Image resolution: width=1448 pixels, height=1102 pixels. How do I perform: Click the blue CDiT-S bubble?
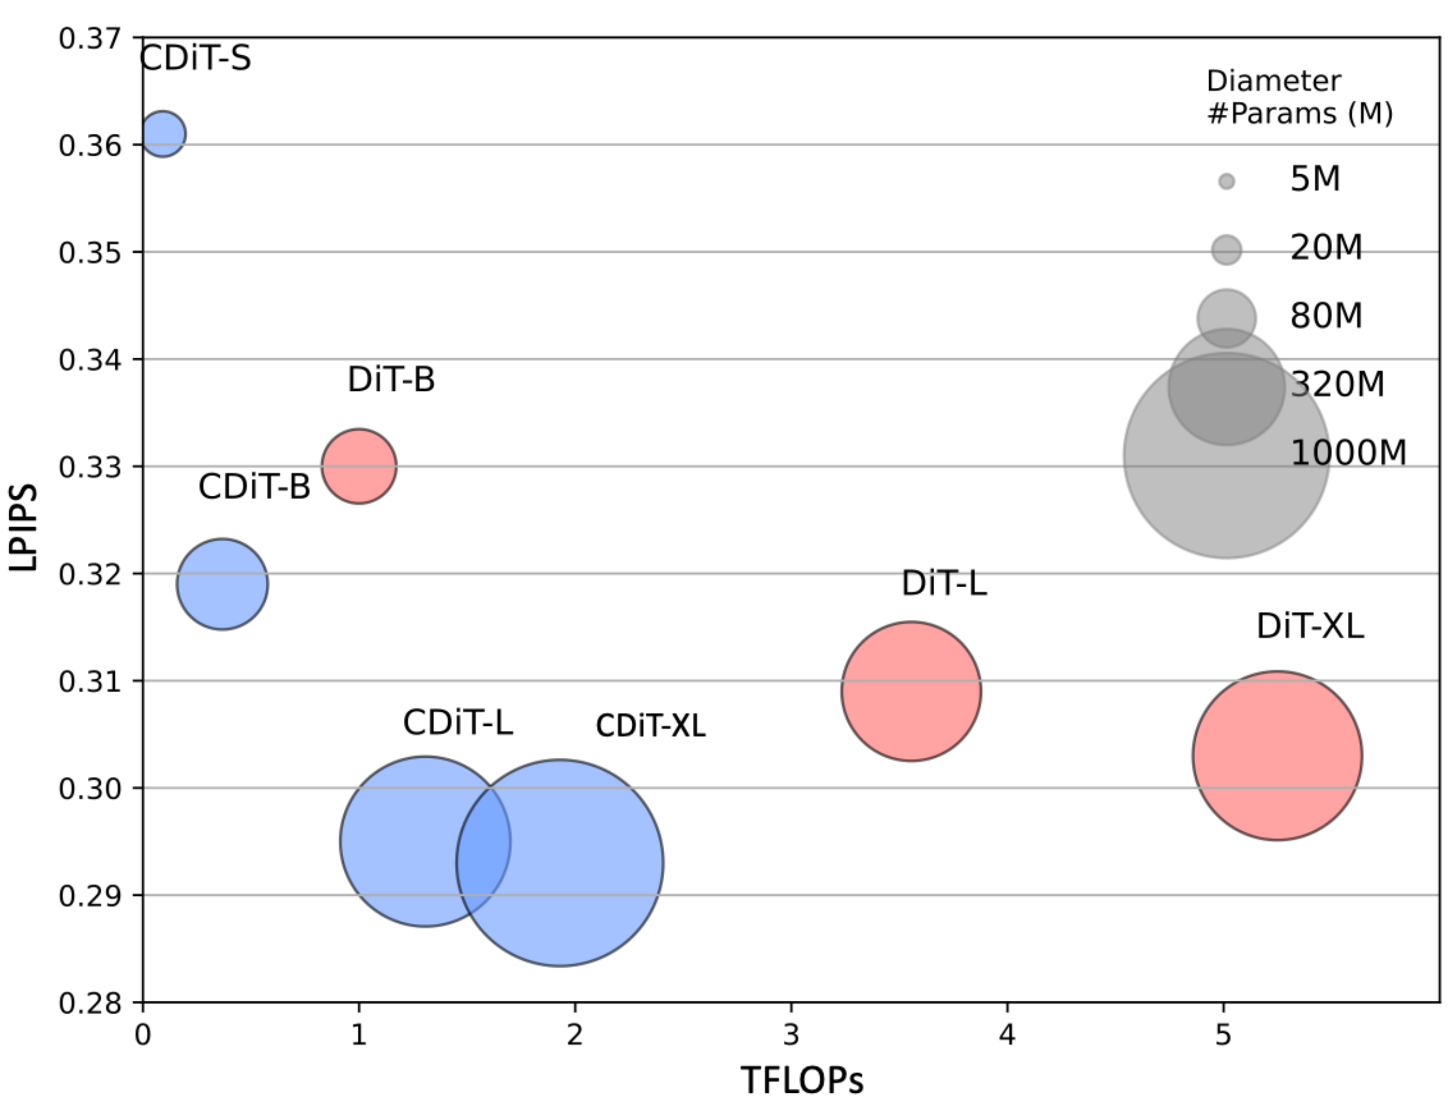click(163, 134)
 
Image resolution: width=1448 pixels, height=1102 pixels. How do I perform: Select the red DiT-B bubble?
click(359, 466)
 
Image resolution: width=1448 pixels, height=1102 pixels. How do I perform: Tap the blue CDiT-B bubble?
click(222, 584)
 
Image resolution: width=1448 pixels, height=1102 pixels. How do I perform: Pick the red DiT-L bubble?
click(912, 692)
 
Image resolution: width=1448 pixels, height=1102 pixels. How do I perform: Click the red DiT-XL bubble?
click(1277, 756)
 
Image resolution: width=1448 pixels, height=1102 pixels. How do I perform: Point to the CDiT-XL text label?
click(650, 726)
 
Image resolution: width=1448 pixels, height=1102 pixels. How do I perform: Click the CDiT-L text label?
click(457, 723)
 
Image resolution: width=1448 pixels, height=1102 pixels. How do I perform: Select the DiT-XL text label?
click(1309, 626)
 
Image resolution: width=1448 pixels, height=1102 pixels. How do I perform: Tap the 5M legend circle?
click(1226, 182)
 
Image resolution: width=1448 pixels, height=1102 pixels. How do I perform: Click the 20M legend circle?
click(1226, 250)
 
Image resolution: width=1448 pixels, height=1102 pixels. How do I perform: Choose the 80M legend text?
click(1326, 315)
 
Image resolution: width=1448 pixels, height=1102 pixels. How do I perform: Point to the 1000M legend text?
click(1347, 453)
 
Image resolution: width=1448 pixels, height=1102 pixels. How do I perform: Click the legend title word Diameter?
click(1274, 82)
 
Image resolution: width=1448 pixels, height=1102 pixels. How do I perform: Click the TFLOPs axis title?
click(802, 1080)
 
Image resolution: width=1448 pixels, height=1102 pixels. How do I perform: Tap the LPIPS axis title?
click(23, 528)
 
